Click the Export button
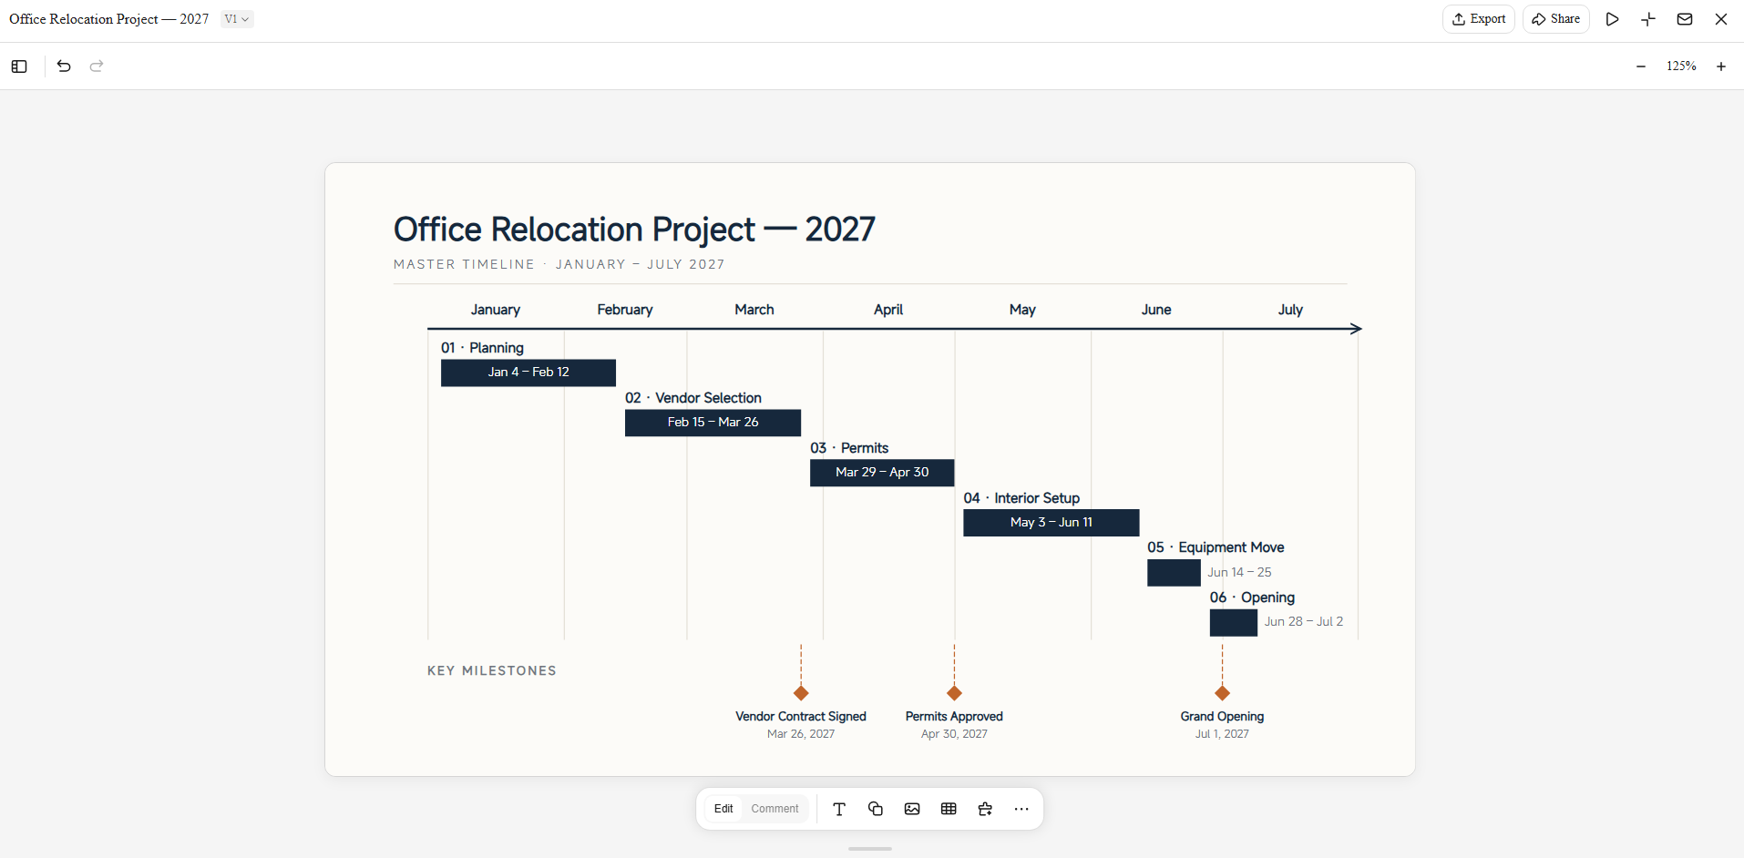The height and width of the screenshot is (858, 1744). point(1478,19)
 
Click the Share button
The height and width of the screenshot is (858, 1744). point(1555,19)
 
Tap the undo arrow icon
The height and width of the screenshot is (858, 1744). point(64,66)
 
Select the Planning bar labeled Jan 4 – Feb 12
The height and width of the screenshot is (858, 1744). point(528,373)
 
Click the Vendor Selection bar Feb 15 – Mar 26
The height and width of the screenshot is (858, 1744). point(713,423)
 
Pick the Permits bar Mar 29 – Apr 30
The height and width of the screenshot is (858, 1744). point(882,473)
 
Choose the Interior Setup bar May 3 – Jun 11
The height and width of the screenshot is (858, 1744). point(1051,523)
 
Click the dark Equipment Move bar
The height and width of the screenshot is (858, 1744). point(1174,573)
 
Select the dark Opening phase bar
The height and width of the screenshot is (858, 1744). point(1234,623)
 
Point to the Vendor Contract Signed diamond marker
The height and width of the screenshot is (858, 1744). point(801,693)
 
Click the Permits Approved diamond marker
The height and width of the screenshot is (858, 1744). point(954,693)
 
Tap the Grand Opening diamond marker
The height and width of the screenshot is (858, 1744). point(1223,693)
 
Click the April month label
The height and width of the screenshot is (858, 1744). point(888,310)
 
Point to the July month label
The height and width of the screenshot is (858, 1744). point(1290,310)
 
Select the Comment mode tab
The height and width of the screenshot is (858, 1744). point(775,809)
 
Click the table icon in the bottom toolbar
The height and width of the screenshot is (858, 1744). point(949,809)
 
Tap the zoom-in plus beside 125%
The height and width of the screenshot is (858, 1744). point(1721,66)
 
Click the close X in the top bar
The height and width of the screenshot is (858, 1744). point(1721,19)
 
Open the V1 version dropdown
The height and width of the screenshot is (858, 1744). point(237,19)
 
